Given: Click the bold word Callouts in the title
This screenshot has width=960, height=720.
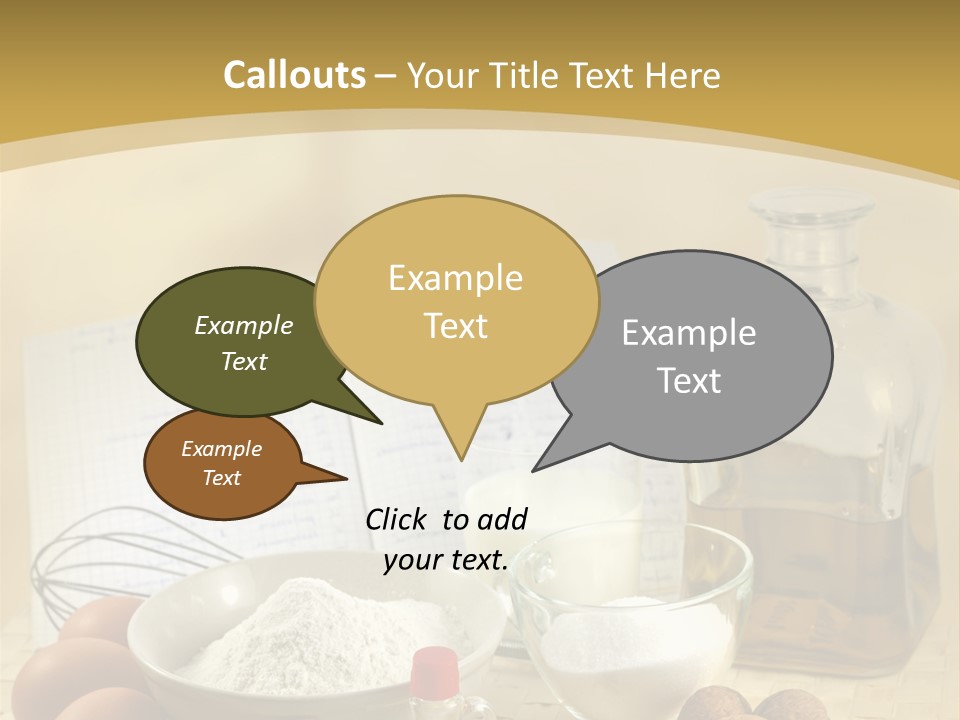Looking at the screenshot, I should click(294, 75).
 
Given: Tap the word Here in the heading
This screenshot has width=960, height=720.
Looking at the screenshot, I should click(684, 75).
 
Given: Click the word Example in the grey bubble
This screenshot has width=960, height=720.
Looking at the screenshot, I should click(689, 333).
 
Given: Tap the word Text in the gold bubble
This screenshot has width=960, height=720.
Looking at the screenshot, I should click(456, 326).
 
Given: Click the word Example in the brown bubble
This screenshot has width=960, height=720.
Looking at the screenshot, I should click(221, 449).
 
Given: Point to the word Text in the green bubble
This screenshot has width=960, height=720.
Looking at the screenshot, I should click(244, 361).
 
